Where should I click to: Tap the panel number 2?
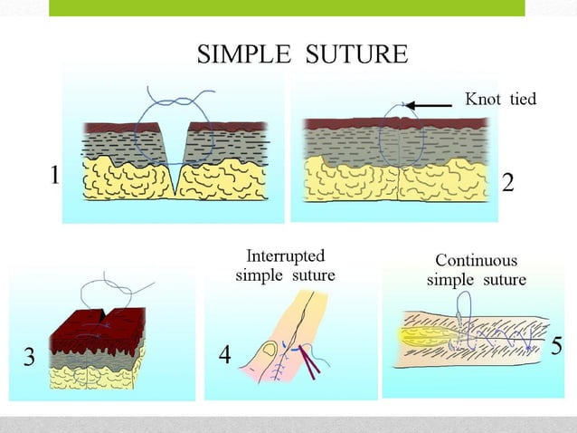point(507,183)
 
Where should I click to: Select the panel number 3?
point(29,358)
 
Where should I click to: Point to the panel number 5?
point(556,346)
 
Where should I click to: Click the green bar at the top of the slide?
point(287,7)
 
